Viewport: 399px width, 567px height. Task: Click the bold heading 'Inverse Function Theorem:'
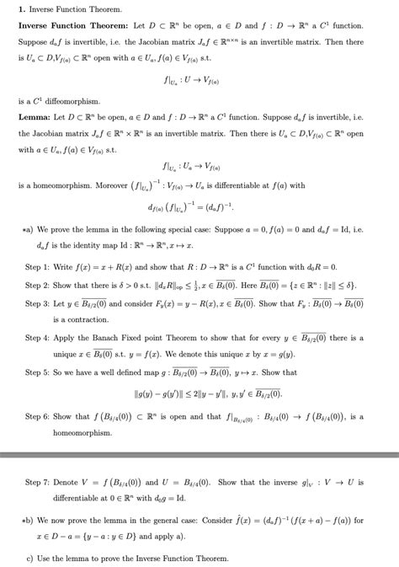tap(76, 26)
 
